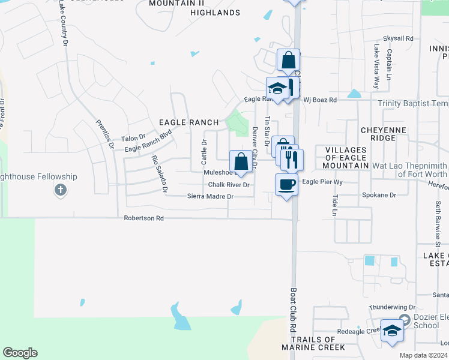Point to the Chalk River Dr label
(x=229, y=185)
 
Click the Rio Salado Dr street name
(x=159, y=173)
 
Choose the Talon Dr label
(x=133, y=138)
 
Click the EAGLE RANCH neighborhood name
(x=188, y=122)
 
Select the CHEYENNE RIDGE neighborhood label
(x=384, y=134)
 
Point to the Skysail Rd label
(x=402, y=38)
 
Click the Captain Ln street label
(x=389, y=65)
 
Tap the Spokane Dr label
(x=379, y=195)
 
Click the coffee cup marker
(x=286, y=184)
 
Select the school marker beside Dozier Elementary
(x=392, y=331)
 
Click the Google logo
(x=20, y=353)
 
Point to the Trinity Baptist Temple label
(x=413, y=104)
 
